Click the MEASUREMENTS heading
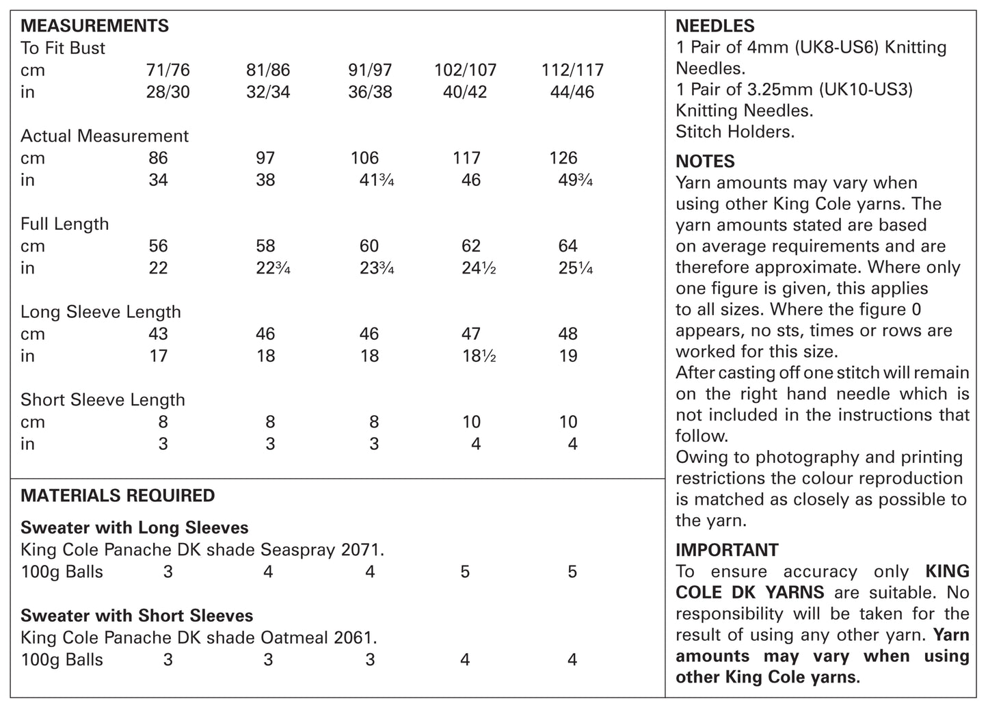tap(94, 26)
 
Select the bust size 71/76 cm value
tap(168, 70)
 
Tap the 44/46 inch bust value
tap(572, 92)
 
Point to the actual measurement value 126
tap(563, 158)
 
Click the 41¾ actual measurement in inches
tap(376, 180)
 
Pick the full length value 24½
tap(478, 268)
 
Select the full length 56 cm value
tap(158, 246)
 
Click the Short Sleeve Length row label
tap(103, 399)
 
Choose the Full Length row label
tap(64, 224)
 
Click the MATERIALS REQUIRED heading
tap(118, 495)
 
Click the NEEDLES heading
tap(715, 26)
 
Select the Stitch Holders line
tap(735, 131)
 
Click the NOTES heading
tap(705, 161)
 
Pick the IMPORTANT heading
tap(727, 550)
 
